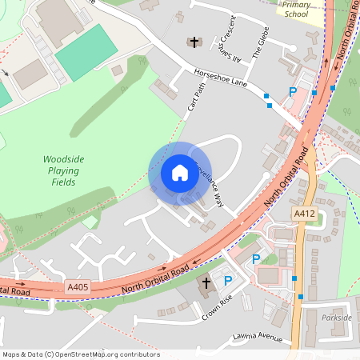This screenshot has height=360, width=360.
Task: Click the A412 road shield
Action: [303, 214]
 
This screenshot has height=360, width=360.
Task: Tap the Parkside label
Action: [337, 318]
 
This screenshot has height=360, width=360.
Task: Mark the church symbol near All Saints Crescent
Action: [193, 42]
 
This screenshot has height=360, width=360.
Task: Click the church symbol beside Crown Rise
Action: [206, 283]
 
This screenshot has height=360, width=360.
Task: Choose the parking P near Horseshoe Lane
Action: [293, 92]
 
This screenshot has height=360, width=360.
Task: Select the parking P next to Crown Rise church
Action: [228, 281]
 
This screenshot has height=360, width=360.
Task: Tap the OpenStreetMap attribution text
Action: [80, 354]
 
